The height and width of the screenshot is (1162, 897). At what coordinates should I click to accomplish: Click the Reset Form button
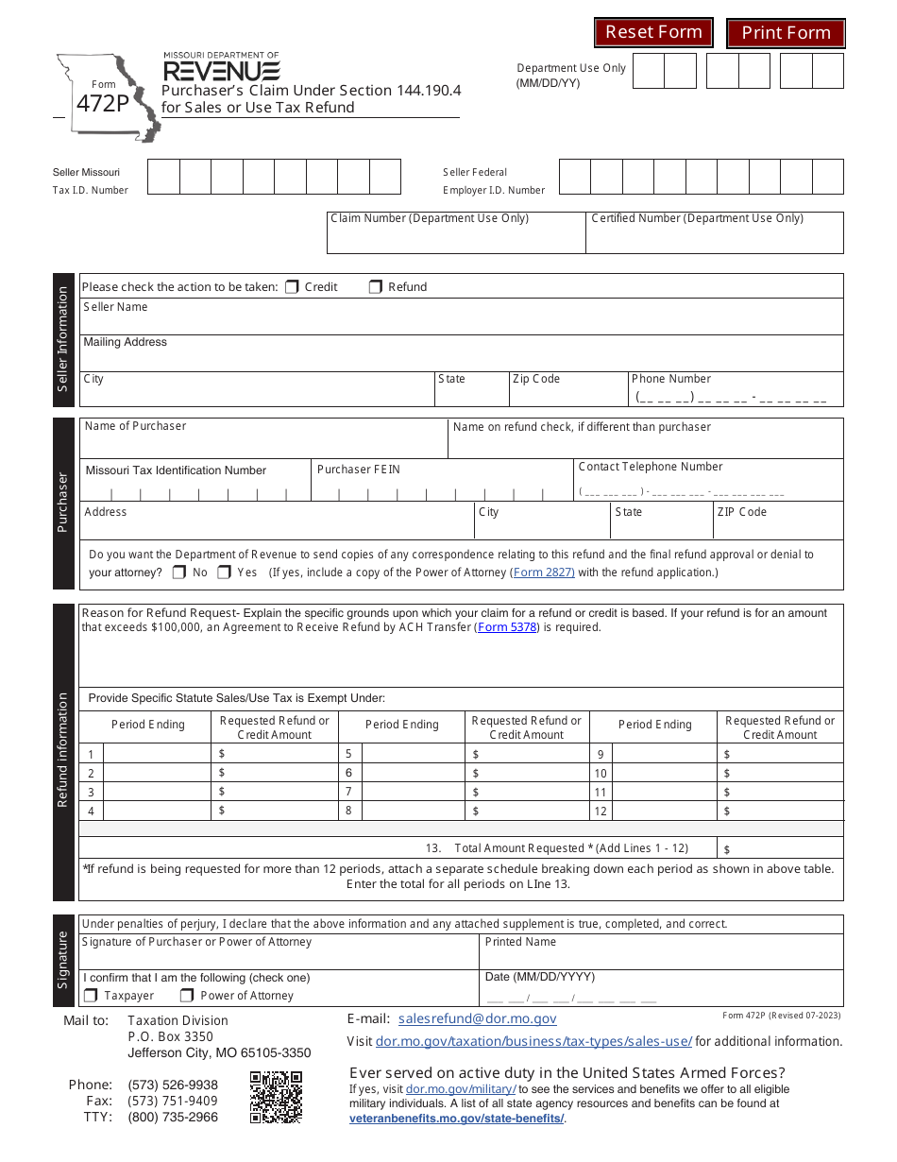coord(653,32)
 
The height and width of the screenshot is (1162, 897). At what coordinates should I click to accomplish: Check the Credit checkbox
coord(292,286)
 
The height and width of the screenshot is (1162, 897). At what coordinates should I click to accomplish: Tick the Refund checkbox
coord(375,286)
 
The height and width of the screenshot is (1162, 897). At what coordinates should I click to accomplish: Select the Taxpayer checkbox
coord(91,995)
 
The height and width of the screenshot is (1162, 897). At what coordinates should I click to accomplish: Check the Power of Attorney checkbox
coord(187,995)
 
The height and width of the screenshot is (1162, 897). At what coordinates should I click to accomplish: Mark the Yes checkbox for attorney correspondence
coord(225,572)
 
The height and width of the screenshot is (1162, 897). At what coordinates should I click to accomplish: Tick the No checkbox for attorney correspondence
coord(179,572)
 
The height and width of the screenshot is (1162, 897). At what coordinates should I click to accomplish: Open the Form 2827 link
coord(542,572)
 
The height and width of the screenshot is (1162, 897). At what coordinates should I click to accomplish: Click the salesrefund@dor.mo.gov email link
coord(477,1018)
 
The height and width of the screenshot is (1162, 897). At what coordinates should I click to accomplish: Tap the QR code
coord(276,1097)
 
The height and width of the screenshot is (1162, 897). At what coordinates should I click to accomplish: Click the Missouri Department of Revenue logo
coord(221,68)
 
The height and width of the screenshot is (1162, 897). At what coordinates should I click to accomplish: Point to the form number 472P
coord(102,104)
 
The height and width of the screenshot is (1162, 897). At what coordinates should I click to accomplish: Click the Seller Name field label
coord(115,307)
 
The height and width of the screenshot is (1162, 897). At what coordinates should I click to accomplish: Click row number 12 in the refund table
coord(601,811)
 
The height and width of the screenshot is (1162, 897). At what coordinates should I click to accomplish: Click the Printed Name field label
coord(520,942)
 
